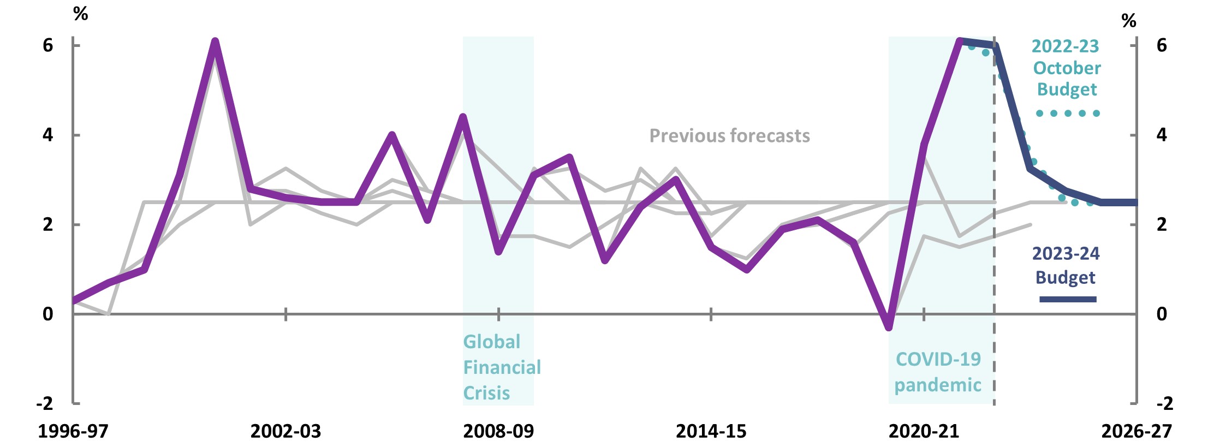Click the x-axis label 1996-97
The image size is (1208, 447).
(73, 431)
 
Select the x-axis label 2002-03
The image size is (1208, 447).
(285, 431)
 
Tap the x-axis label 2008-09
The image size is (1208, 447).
(498, 431)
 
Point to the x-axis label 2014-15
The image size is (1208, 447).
(711, 431)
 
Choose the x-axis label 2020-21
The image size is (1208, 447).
(924, 431)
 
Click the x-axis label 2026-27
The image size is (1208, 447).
(1136, 431)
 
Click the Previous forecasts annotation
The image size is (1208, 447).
(729, 135)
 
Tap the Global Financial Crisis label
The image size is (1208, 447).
(501, 367)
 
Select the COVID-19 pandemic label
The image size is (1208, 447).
(938, 372)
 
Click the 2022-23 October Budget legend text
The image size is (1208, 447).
(1066, 68)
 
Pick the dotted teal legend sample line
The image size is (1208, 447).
(1068, 114)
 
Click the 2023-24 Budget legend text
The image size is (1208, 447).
(1066, 265)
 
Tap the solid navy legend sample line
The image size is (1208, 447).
(1068, 299)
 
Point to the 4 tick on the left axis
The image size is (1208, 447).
(48, 135)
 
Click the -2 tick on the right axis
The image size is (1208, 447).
(1164, 403)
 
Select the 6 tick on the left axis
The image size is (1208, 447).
(48, 45)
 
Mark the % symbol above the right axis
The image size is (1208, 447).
(1128, 21)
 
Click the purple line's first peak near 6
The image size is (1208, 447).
(215, 41)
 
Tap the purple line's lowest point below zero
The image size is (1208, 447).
(889, 327)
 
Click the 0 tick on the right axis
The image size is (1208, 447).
(1162, 314)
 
